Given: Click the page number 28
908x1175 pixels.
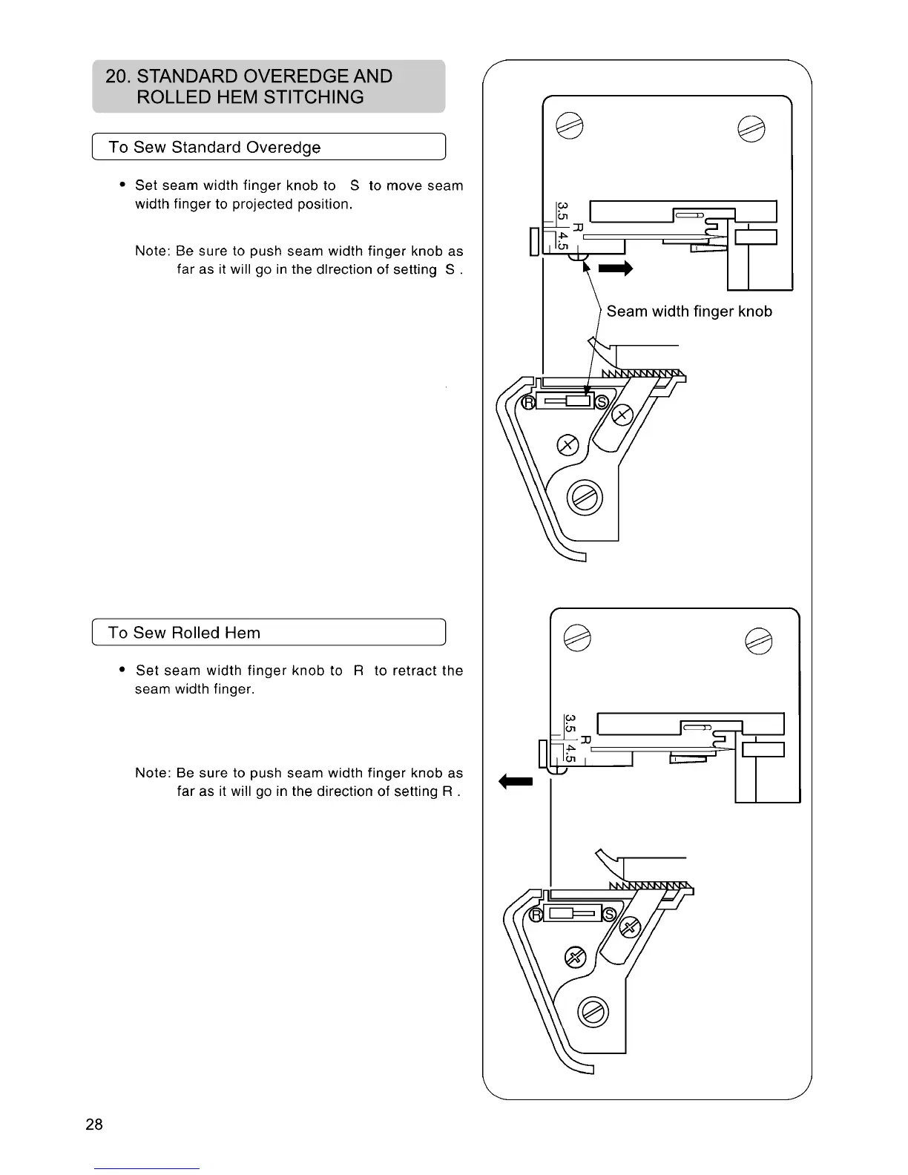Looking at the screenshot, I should click(94, 1124).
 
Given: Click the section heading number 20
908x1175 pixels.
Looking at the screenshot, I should click(118, 76).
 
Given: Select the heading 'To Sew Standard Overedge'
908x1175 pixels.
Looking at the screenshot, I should click(214, 147).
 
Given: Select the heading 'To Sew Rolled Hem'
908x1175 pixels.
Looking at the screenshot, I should click(184, 633).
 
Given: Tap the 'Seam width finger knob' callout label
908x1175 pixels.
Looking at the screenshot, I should click(689, 312).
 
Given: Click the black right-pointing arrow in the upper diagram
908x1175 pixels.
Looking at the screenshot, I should click(616, 269).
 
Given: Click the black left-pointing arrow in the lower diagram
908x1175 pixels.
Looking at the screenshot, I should click(516, 780).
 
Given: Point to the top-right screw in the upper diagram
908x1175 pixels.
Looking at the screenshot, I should click(747, 128).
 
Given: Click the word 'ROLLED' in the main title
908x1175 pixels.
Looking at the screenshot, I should click(175, 97).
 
